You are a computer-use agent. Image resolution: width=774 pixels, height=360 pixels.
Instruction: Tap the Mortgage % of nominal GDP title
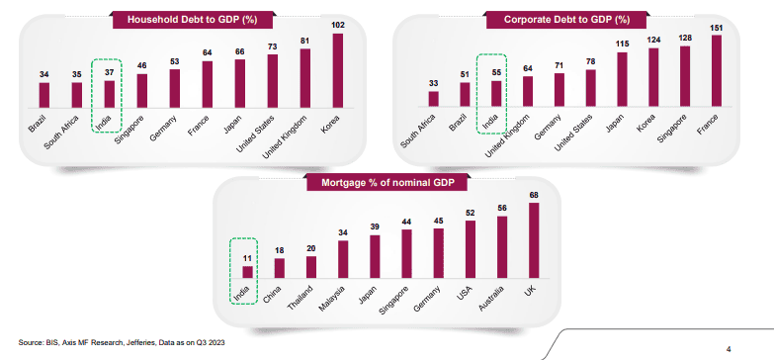point(387,183)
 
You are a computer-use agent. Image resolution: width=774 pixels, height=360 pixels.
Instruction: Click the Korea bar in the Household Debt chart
point(339,69)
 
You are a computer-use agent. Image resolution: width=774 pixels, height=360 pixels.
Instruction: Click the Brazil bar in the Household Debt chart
point(43,94)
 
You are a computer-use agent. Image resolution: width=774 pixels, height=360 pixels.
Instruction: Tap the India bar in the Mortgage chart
point(248,270)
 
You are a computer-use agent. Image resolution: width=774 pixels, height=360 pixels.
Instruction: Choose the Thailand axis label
point(300,296)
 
